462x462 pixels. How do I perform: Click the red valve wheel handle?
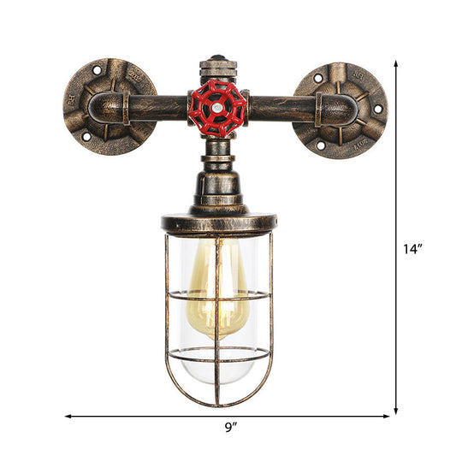217,109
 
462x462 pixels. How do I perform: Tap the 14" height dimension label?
415,249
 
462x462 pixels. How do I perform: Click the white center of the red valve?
217,110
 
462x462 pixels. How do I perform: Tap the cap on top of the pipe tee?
217,65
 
